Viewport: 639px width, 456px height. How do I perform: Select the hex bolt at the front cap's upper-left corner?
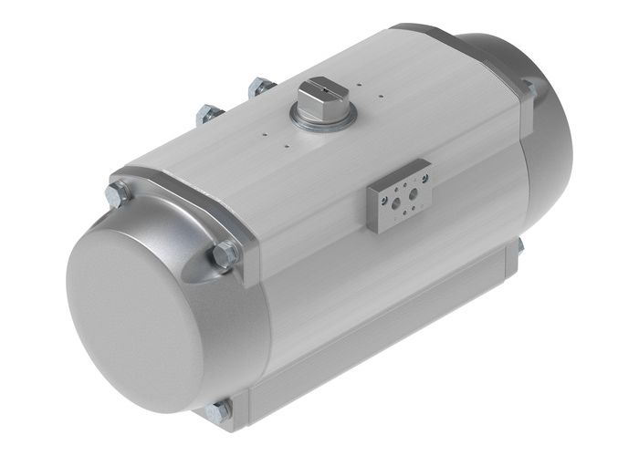[x=118, y=194]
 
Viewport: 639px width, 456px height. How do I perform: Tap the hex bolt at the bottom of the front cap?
[x=218, y=412]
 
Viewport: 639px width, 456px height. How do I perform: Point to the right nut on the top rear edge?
[x=261, y=89]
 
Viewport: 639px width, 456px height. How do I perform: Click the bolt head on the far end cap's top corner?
[x=529, y=88]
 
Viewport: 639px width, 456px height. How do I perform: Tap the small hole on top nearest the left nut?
[x=264, y=131]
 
